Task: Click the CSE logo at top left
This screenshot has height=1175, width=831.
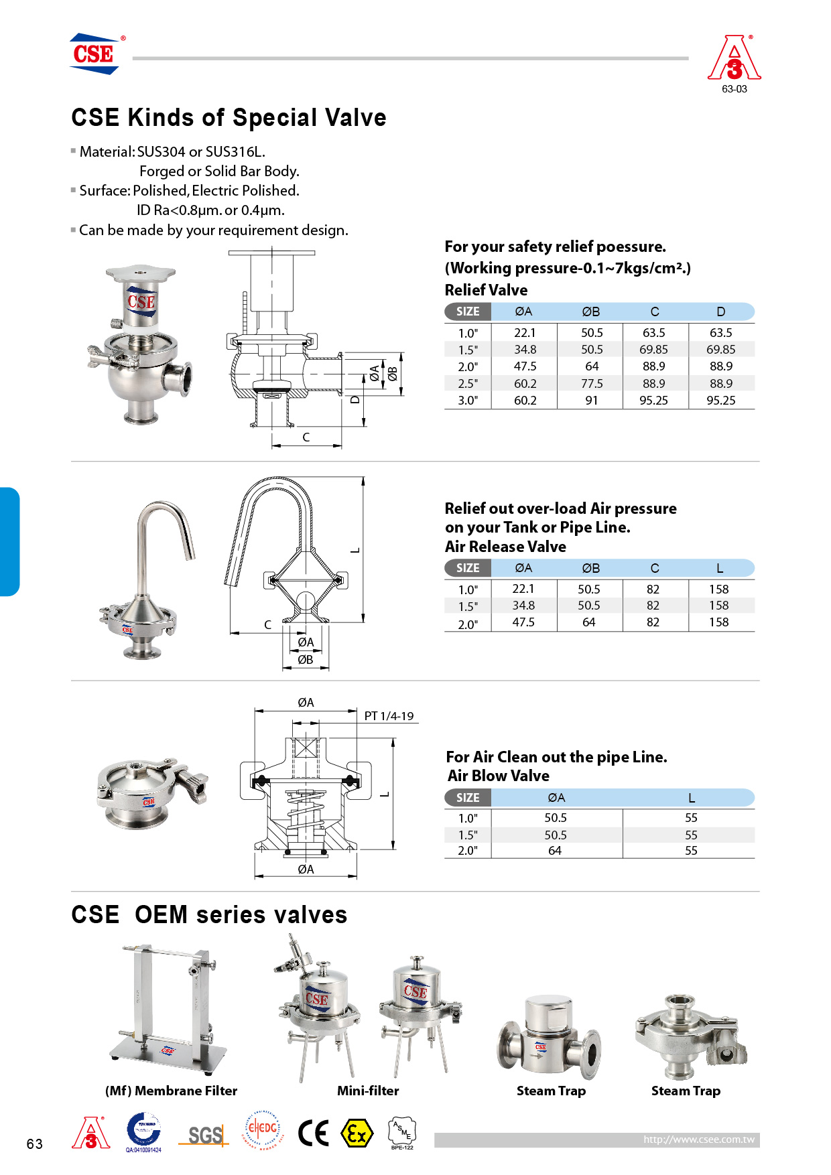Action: (x=94, y=54)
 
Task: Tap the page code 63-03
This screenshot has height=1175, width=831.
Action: (x=734, y=89)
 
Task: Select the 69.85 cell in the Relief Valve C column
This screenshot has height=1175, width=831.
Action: (x=653, y=350)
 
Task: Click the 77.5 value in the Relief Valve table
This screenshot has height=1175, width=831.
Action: (x=592, y=384)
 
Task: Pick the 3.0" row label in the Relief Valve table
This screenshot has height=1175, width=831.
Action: (x=468, y=401)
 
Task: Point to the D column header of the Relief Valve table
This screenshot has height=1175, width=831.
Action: (x=720, y=312)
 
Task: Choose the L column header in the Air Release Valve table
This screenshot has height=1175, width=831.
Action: (x=720, y=568)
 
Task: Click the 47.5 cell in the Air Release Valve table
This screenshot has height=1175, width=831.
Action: (x=523, y=622)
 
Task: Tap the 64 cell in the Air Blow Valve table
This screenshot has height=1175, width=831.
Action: (x=555, y=851)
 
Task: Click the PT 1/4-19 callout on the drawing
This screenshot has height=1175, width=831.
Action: (x=389, y=716)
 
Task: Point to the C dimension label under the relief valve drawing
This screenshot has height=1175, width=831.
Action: (x=306, y=437)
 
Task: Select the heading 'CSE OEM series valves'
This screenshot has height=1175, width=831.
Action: (x=209, y=915)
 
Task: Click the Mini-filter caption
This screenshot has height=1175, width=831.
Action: (x=368, y=1091)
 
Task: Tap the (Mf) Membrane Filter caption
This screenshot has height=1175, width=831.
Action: (x=171, y=1091)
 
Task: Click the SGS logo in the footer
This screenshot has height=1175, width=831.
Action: (x=204, y=1135)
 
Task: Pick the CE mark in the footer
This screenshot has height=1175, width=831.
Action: (x=313, y=1133)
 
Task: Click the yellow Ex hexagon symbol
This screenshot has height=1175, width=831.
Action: (x=357, y=1133)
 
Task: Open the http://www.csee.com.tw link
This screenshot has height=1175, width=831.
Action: (x=698, y=1139)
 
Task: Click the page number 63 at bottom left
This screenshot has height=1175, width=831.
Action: (x=35, y=1144)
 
